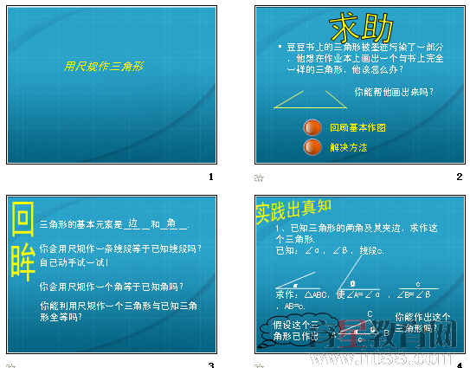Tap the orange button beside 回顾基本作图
[x=312, y=126]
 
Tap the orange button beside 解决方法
[x=312, y=147]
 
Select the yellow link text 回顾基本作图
[x=357, y=127]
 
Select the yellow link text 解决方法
[x=348, y=148]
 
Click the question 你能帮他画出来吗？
[x=394, y=90]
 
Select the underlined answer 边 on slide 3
[x=132, y=223]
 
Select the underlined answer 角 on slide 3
[x=171, y=223]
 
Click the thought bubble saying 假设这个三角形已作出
[x=285, y=329]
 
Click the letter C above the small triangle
[x=370, y=313]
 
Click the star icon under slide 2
[x=258, y=178]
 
